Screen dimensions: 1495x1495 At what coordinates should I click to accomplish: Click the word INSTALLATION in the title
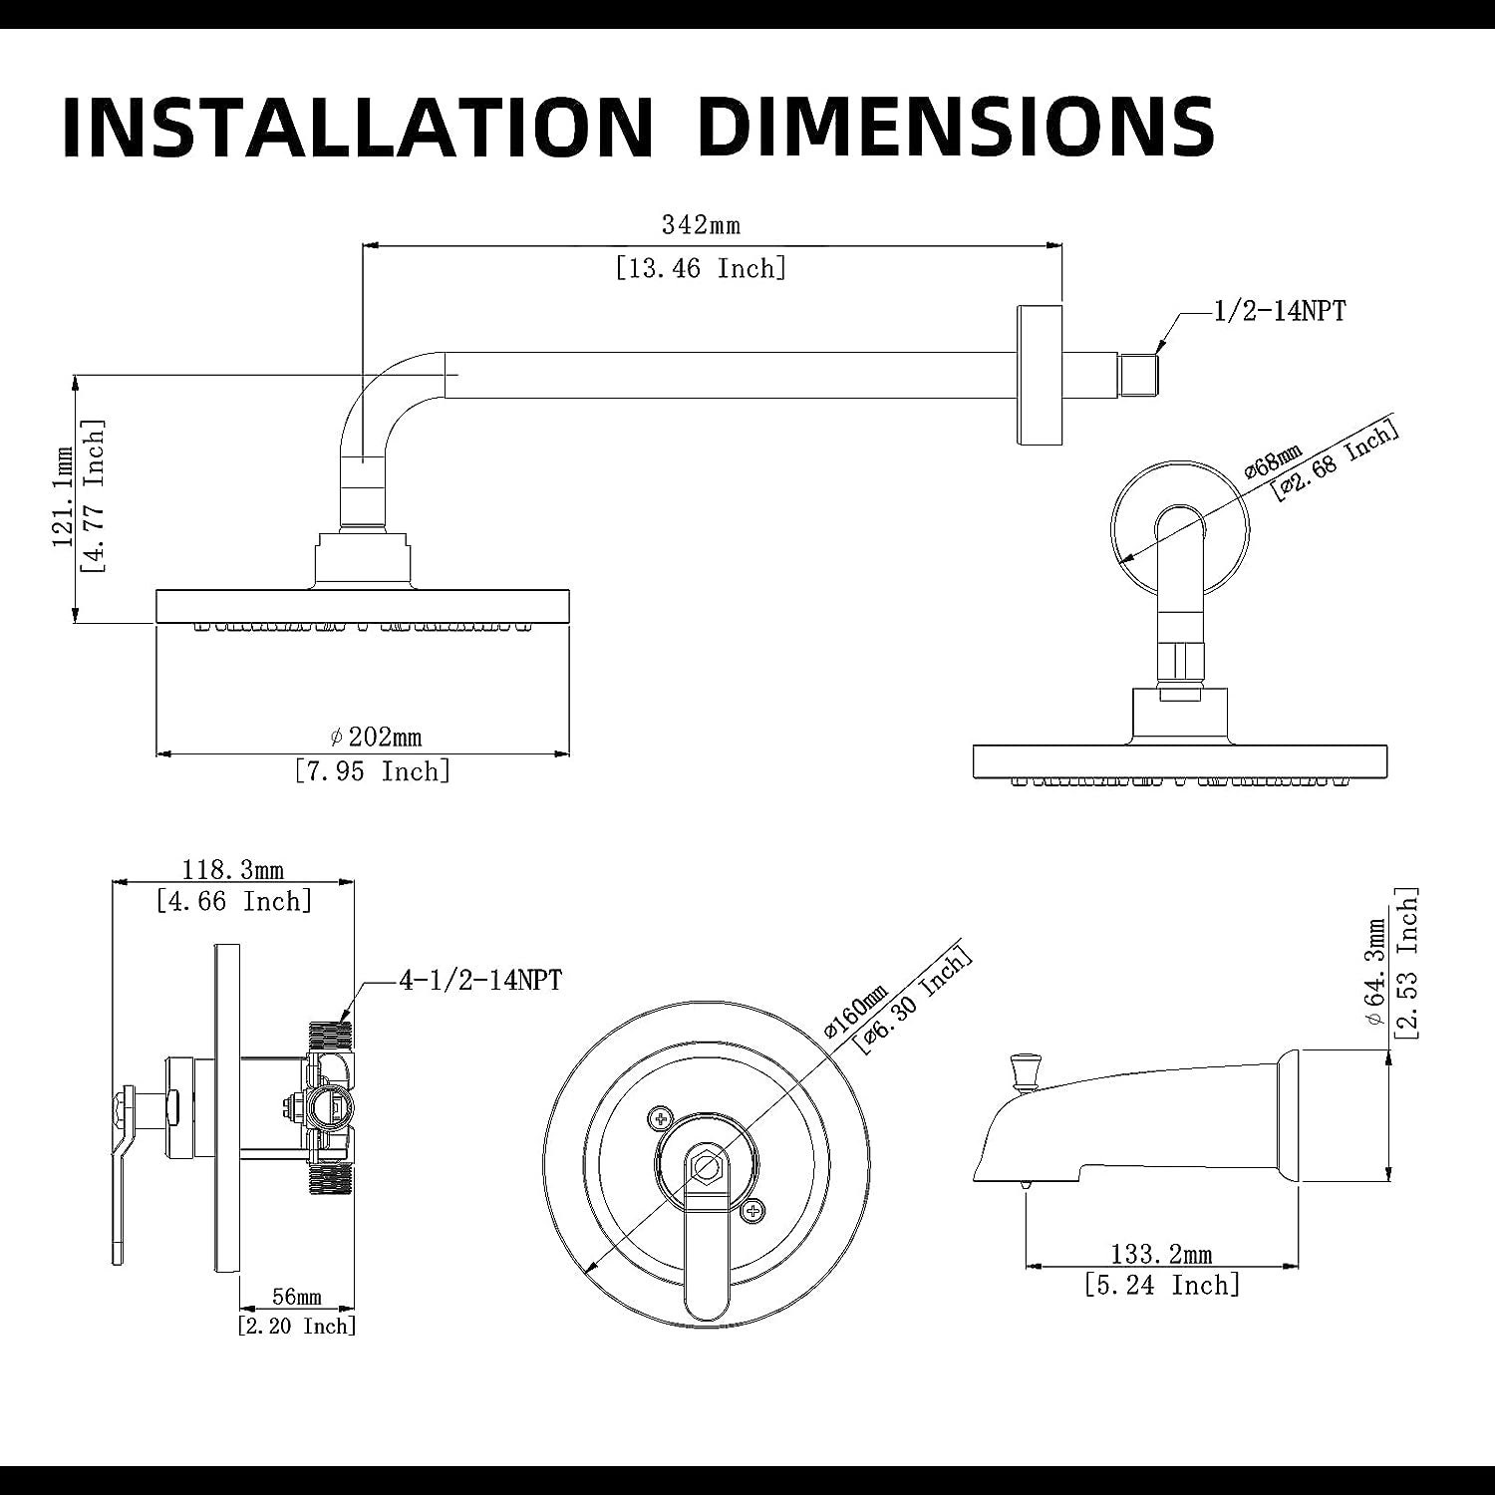click(x=356, y=127)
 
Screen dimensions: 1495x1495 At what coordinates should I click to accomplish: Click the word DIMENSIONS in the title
click(x=957, y=127)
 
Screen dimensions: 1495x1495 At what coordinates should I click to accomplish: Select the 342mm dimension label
click(x=701, y=225)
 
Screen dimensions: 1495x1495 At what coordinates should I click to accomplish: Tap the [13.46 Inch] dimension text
click(x=701, y=268)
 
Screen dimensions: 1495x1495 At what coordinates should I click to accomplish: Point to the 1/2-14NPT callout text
click(x=1279, y=312)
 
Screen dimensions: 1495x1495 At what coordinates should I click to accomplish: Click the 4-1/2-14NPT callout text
click(x=480, y=981)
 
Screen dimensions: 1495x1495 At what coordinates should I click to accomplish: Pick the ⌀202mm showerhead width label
click(x=377, y=738)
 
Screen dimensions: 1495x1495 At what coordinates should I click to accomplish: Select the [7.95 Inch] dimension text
click(x=373, y=771)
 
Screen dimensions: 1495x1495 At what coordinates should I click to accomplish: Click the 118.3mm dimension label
click(x=233, y=871)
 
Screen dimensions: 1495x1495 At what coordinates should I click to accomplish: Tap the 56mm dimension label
click(x=297, y=1297)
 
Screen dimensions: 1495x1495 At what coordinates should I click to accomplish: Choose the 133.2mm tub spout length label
click(x=1162, y=1254)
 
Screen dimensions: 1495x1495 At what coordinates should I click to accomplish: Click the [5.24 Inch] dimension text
click(x=1162, y=1285)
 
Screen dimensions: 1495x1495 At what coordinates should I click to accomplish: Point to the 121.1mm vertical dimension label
click(x=64, y=498)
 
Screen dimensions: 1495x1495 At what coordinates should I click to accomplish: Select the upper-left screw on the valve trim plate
click(x=658, y=1117)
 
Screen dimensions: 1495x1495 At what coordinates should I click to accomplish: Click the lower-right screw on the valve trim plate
click(x=753, y=1210)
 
